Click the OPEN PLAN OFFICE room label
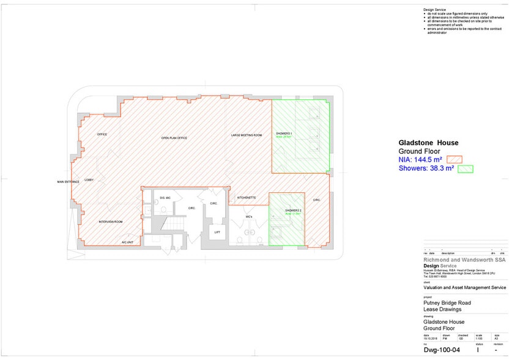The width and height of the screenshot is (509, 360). coord(174,138)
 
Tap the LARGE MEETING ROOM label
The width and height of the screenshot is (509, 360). coord(247,135)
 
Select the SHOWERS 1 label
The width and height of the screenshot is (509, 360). coord(284,133)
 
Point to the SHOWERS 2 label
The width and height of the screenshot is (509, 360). coord(294,211)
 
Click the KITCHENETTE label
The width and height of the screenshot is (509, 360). coord(246,198)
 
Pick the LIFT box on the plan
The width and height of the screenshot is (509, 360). coord(217,233)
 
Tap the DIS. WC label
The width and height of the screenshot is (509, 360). coord(165,198)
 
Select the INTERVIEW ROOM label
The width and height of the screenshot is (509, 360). coord(111,222)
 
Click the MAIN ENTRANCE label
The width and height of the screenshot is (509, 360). coord(68,182)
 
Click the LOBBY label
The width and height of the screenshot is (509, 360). coord(89,180)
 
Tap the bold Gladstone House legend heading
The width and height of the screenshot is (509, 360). coord(428,143)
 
